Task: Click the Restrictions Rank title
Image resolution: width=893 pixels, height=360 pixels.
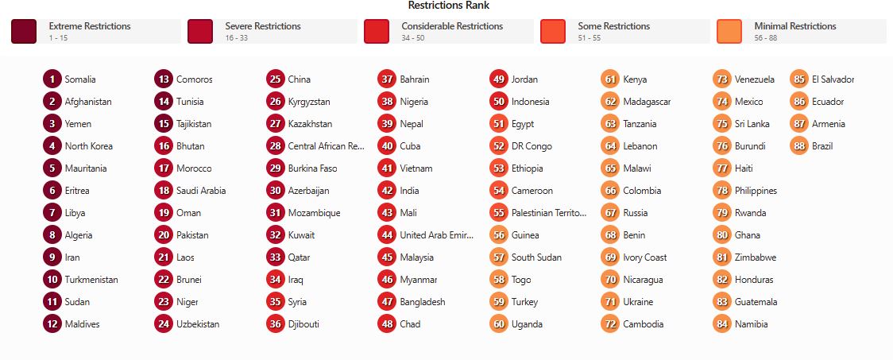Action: coord(449,6)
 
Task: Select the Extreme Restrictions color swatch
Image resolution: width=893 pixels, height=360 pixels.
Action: coord(24,32)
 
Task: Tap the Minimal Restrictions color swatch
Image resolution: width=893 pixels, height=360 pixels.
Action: coord(729,32)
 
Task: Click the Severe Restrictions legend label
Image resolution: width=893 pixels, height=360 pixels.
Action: coord(263,26)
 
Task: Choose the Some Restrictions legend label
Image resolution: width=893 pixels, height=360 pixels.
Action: coord(614,26)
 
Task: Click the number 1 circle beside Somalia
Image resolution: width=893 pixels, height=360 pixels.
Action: coord(52,79)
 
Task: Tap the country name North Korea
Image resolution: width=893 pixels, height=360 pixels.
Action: coord(89,146)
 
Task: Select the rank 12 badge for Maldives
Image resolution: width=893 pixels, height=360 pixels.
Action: coord(52,324)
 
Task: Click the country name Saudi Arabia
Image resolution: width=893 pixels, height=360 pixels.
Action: coord(201,191)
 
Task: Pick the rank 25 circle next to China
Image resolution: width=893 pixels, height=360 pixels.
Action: coord(276,79)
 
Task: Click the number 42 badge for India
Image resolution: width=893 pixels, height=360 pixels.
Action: coord(387,191)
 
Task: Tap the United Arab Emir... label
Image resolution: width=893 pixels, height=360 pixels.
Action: coord(436,235)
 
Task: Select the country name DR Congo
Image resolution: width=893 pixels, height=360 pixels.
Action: coord(532,146)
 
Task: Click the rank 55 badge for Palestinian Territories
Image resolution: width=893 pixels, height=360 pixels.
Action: coord(499,213)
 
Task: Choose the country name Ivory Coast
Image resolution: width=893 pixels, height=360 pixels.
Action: coord(644,257)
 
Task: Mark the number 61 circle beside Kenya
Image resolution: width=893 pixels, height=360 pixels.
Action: coord(611,79)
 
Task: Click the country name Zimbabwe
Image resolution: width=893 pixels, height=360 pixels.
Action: coord(756,257)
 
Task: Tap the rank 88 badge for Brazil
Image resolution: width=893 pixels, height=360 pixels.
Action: coord(799,146)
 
